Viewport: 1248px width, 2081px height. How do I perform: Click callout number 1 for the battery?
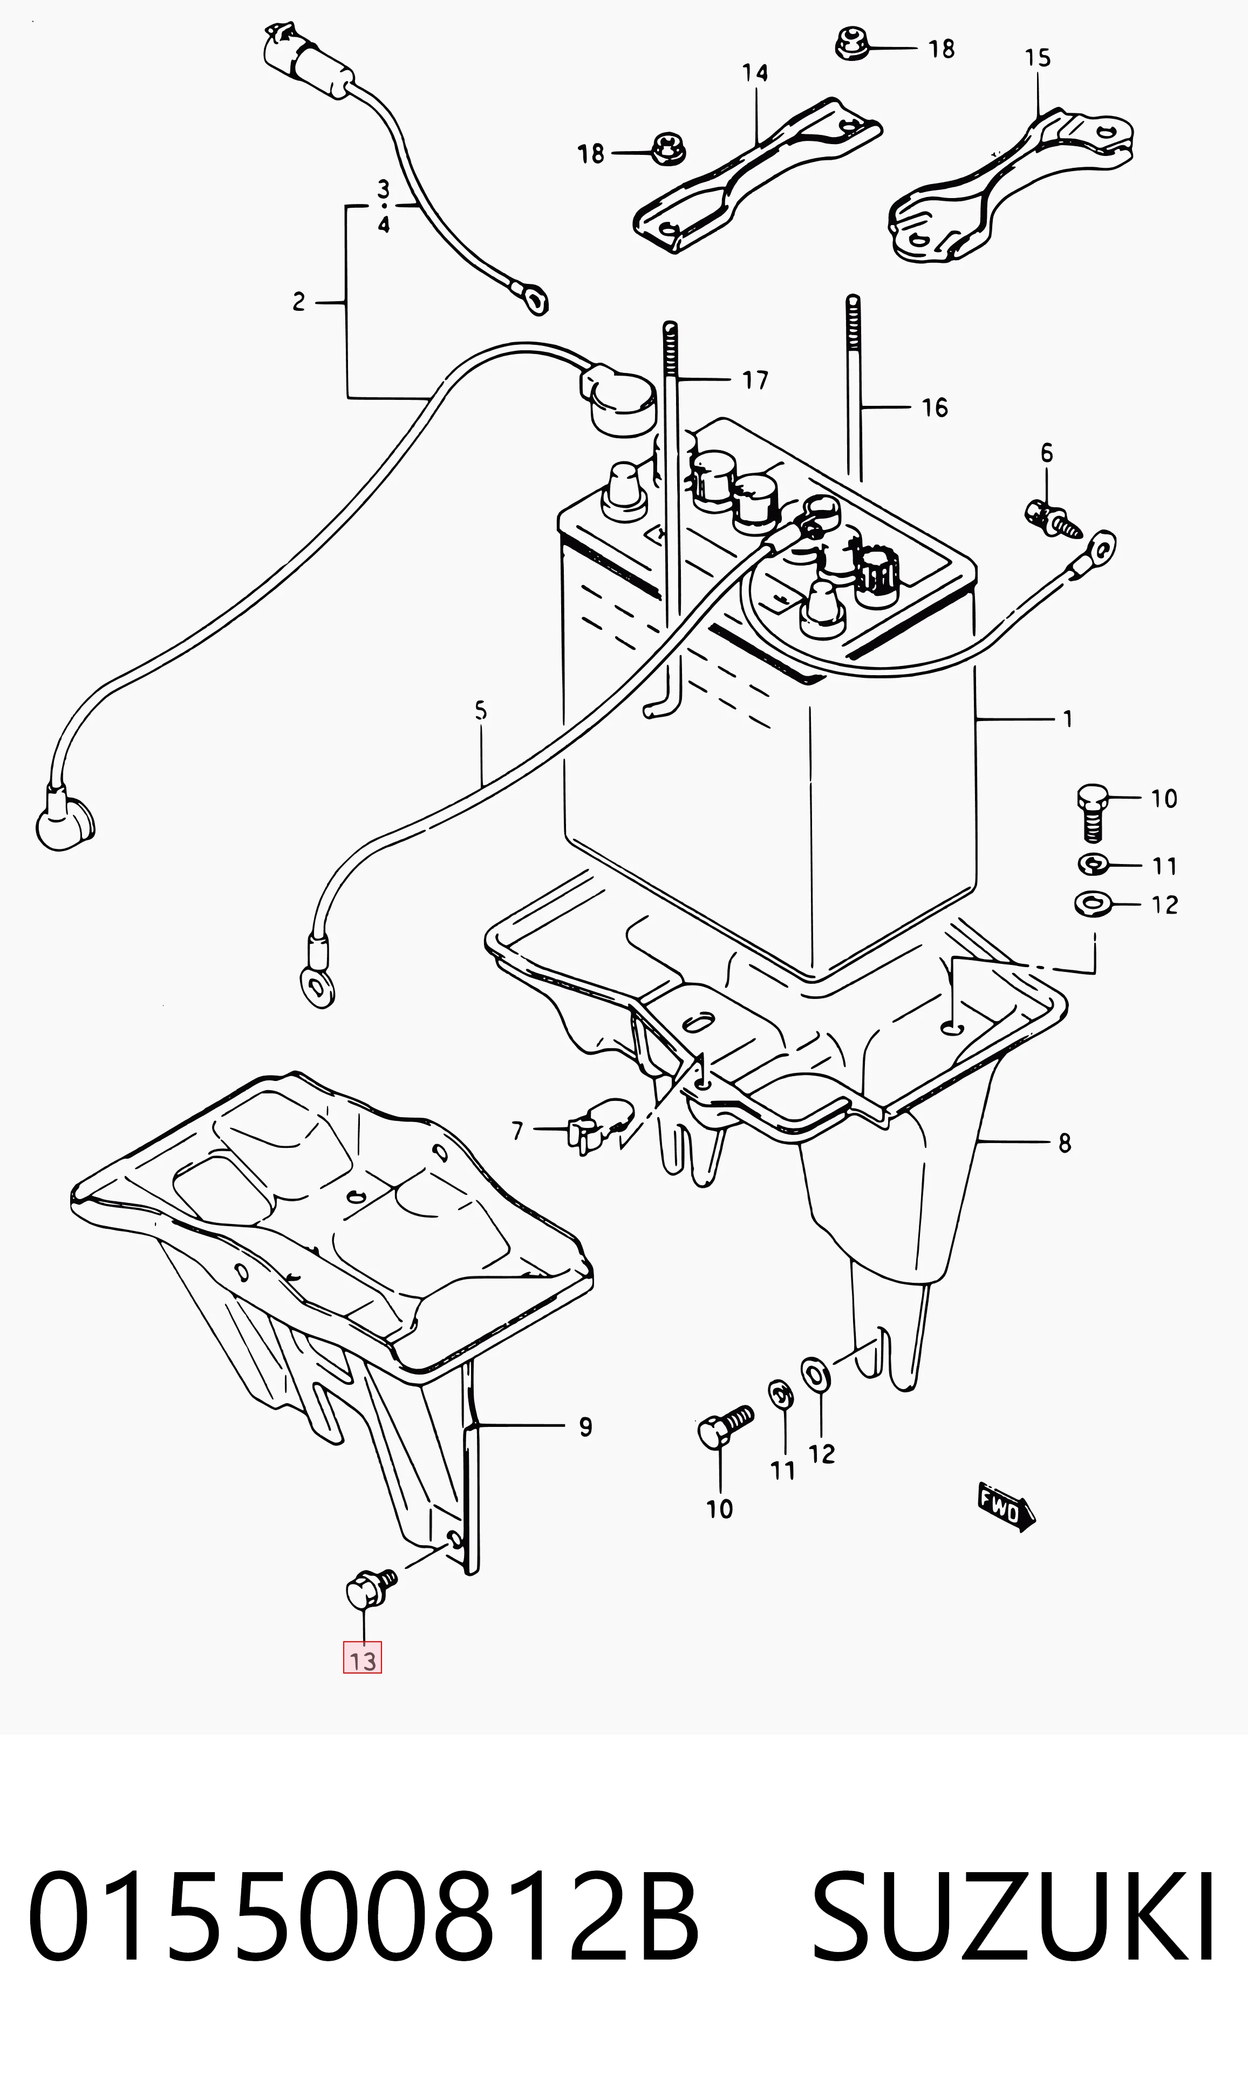tap(1067, 719)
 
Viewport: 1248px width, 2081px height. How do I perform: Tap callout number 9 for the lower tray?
tap(585, 1426)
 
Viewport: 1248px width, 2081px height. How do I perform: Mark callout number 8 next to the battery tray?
tap(1065, 1143)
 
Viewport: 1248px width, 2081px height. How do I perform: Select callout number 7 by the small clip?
tap(517, 1131)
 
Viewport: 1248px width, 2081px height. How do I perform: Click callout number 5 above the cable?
tap(480, 711)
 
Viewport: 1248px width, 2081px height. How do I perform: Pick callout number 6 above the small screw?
tap(1047, 453)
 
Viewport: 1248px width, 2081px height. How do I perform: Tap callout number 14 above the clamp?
tap(755, 73)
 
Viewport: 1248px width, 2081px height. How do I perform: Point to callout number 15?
tap(1038, 58)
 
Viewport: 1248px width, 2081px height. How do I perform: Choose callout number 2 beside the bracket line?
tap(298, 302)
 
